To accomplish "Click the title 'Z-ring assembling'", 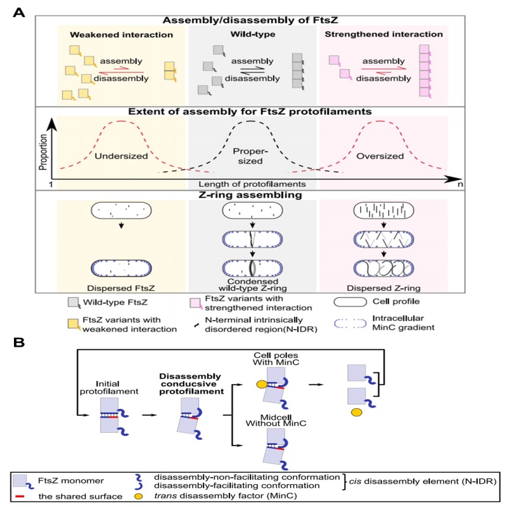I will point(251,195).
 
